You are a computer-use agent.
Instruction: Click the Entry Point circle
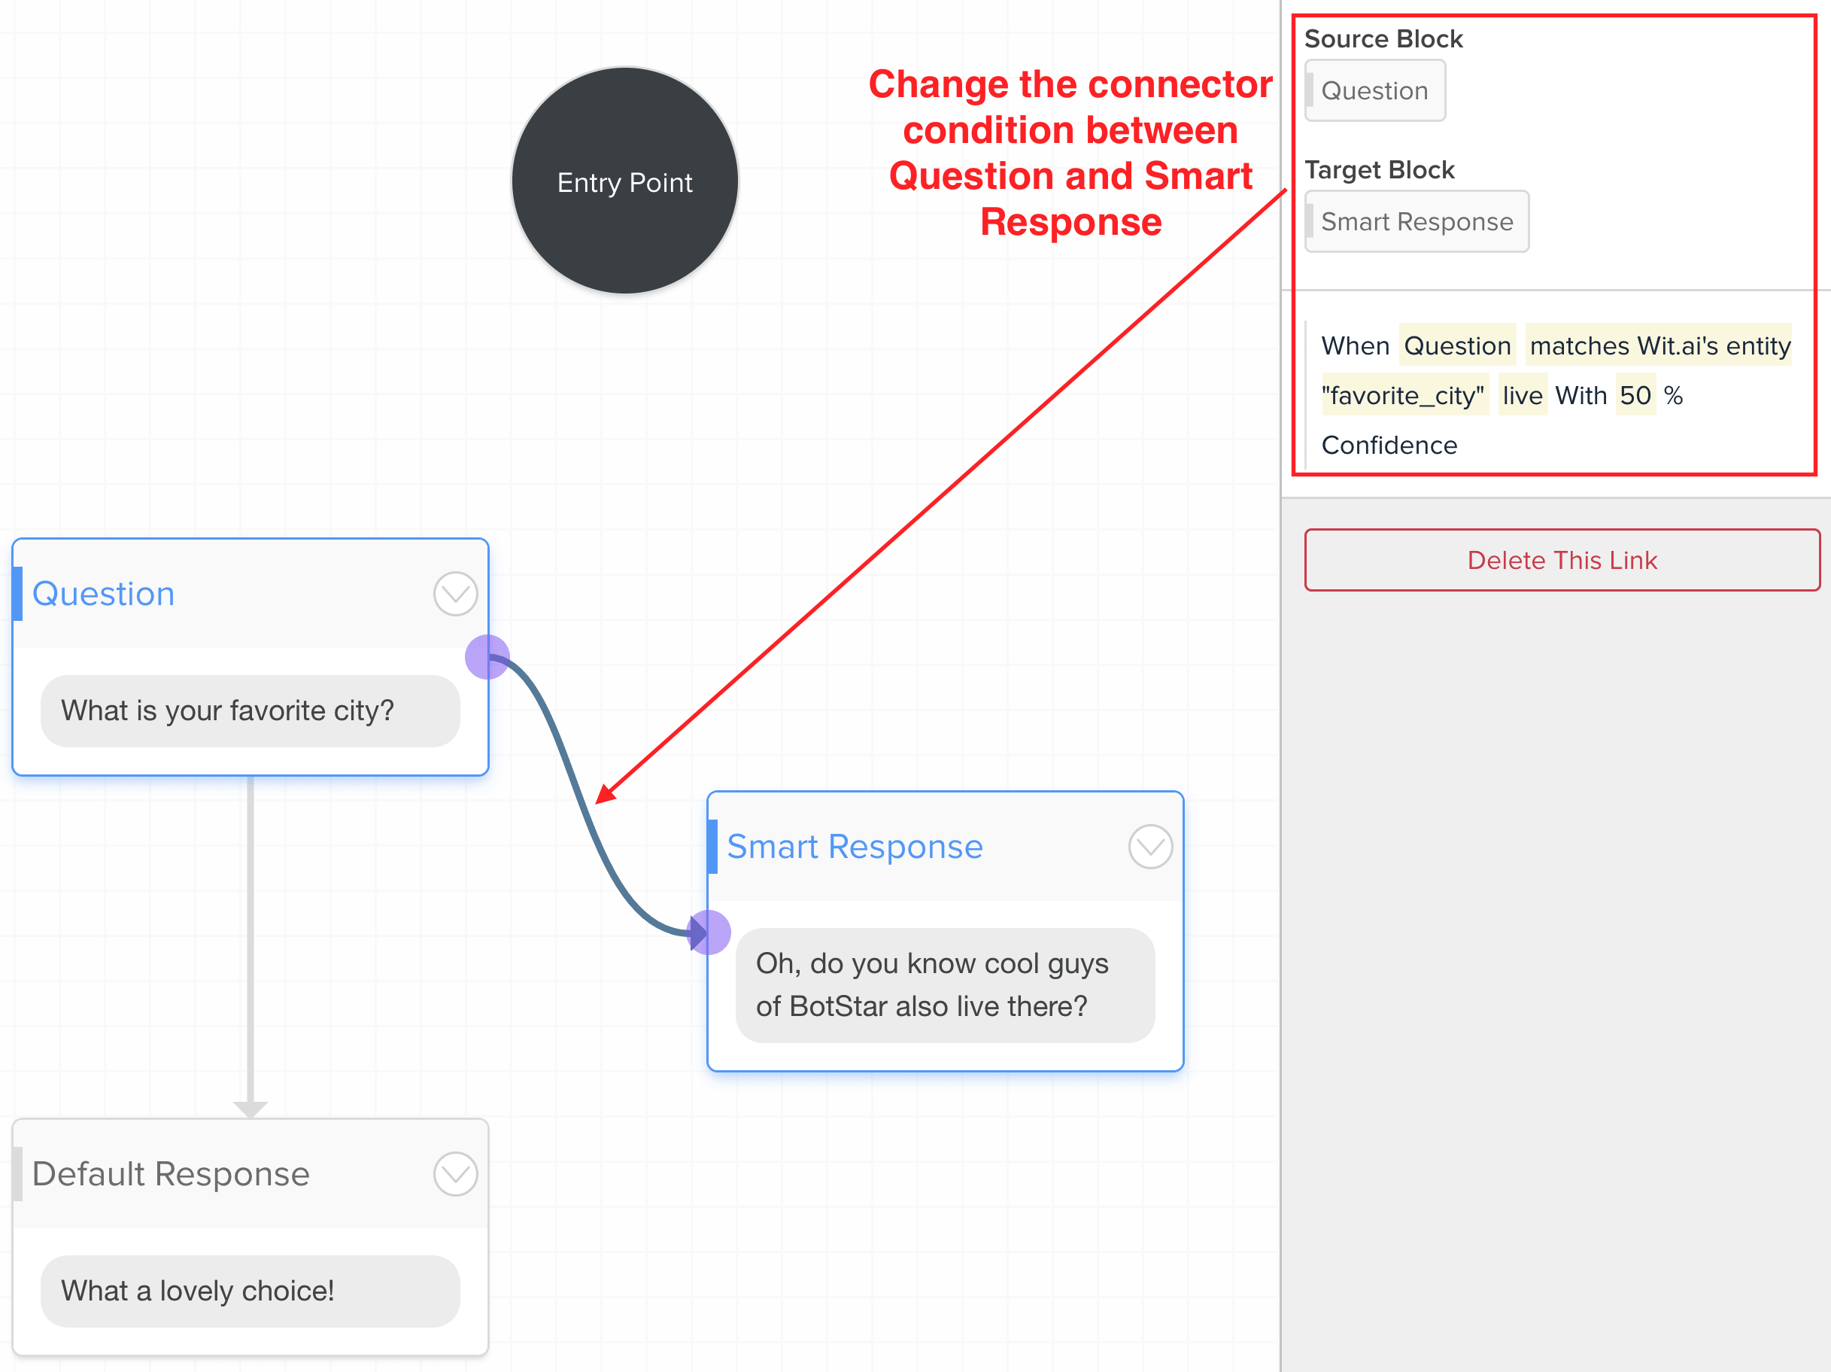625,181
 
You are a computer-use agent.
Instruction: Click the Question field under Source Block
1375,90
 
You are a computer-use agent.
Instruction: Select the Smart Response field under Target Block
1417,221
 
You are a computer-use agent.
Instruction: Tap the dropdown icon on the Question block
455,594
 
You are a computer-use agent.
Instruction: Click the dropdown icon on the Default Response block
455,1173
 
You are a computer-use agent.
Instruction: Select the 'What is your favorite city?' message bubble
250,710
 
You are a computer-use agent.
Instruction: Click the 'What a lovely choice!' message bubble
250,1291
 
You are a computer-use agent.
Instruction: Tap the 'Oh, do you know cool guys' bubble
946,984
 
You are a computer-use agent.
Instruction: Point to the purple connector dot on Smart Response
709,932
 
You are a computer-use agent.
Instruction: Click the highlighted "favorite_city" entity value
1402,395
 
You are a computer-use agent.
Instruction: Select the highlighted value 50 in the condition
1635,395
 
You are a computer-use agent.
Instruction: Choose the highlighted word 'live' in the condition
1523,395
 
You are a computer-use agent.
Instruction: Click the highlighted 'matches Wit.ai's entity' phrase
1659,345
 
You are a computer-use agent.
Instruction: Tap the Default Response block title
171,1173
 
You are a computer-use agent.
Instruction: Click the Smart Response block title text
855,846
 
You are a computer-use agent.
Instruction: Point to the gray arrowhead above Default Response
250,1109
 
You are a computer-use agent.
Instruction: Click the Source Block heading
1383,38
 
